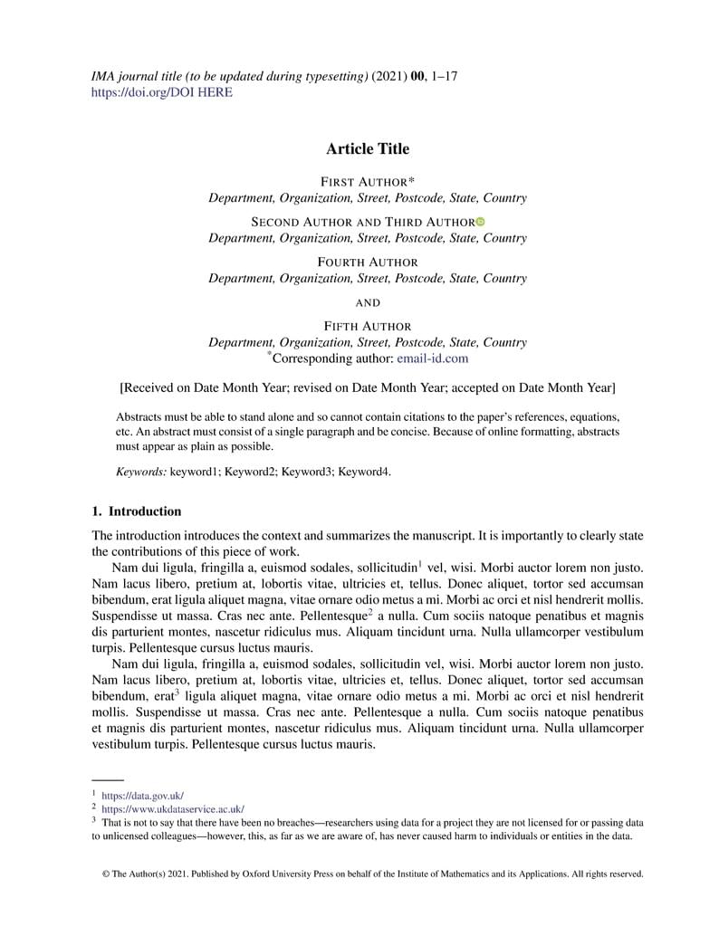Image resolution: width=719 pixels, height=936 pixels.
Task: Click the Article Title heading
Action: [x=367, y=149]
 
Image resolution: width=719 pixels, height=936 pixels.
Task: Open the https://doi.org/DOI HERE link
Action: [x=162, y=92]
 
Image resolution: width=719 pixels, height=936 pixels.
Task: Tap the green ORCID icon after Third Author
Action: [x=481, y=222]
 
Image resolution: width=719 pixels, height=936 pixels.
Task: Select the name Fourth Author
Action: [x=367, y=262]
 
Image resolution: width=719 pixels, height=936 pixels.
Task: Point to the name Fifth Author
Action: [x=367, y=326]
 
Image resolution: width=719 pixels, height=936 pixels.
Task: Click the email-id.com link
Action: [x=432, y=358]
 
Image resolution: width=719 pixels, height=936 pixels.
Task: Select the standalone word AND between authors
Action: [x=367, y=302]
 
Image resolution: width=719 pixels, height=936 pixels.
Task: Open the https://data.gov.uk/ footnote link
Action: [x=142, y=795]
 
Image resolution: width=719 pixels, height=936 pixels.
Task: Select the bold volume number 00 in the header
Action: [x=417, y=76]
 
